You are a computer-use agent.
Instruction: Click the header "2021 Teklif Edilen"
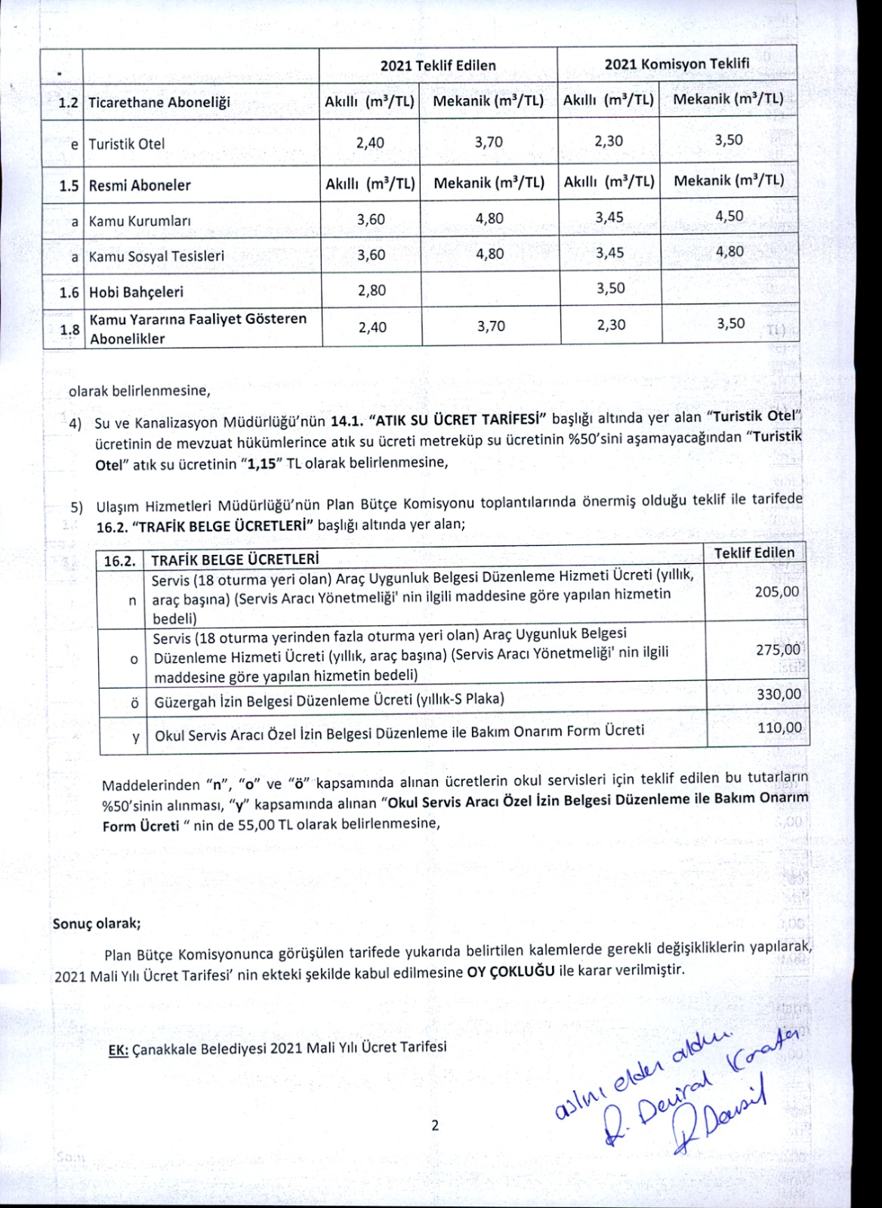[438, 65]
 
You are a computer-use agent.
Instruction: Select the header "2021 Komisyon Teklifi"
[677, 63]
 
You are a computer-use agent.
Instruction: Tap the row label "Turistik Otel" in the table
[126, 143]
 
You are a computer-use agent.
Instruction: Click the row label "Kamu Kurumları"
[140, 221]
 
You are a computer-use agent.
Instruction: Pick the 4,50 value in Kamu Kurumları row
[729, 216]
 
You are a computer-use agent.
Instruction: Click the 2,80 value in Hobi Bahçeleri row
[371, 291]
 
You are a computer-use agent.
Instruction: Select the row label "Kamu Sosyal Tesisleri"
[156, 257]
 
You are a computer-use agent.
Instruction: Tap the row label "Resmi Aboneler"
[140, 185]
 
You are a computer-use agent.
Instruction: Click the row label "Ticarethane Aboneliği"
[159, 103]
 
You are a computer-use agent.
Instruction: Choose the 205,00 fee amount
[776, 592]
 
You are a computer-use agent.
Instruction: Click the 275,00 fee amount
[778, 649]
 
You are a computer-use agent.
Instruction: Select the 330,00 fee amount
[779, 695]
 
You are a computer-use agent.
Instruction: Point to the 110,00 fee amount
[780, 728]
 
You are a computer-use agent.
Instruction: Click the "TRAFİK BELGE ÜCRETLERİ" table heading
[235, 560]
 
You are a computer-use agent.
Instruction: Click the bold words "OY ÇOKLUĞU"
[511, 971]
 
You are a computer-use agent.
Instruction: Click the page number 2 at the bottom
[435, 1126]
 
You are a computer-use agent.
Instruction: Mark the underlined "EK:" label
[119, 1048]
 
